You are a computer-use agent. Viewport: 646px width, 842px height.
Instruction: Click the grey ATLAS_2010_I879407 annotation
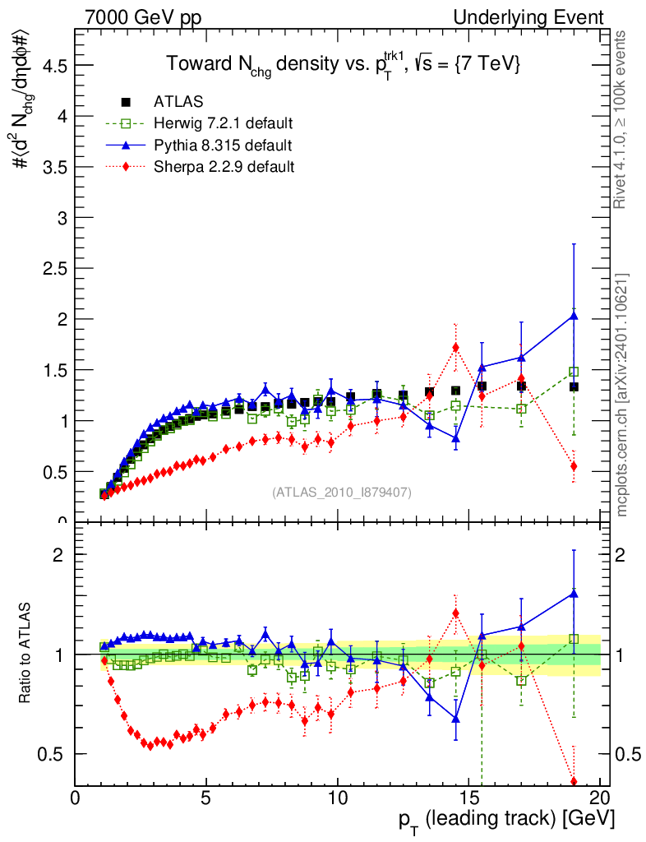(342, 492)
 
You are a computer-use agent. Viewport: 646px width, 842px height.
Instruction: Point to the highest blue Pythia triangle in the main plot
(574, 316)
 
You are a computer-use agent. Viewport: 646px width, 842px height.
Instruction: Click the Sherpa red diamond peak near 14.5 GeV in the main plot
(455, 347)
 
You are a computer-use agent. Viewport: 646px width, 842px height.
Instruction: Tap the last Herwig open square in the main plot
(574, 372)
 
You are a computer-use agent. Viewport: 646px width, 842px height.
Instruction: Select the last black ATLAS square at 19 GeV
(574, 386)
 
